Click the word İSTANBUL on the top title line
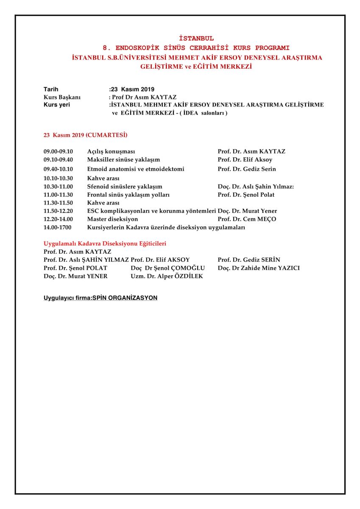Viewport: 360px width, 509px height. tap(196, 39)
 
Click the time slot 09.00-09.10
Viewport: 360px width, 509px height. tap(59, 151)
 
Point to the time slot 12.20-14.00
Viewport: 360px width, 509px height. tap(59, 219)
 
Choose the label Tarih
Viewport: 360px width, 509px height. tap(51, 89)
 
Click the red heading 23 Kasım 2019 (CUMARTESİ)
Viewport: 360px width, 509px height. tap(85, 135)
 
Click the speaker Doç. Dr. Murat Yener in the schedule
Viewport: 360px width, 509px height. tap(247, 211)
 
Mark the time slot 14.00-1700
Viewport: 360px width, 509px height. tap(59, 227)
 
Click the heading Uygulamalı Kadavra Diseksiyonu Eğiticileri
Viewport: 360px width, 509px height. tap(105, 244)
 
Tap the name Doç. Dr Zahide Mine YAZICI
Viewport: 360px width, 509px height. tap(259, 268)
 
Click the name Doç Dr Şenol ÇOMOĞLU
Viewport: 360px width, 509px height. tap(168, 268)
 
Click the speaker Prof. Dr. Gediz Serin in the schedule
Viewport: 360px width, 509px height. tap(247, 169)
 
